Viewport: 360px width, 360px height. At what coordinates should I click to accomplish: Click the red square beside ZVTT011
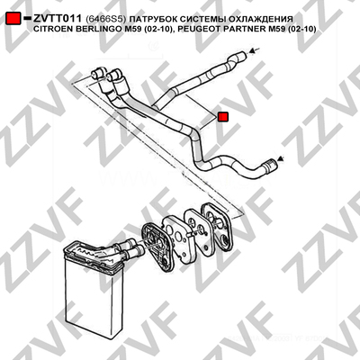pos(13,18)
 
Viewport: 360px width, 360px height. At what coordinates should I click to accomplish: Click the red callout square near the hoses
pos(223,117)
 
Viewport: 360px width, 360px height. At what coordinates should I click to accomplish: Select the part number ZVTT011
pos(58,19)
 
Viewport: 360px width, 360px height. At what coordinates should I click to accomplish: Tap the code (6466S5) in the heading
pos(104,19)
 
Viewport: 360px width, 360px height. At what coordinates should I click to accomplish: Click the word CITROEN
pos(51,30)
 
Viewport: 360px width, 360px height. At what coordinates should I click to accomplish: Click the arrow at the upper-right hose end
pos(254,50)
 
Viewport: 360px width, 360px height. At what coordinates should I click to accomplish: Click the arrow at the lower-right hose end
pos(280,158)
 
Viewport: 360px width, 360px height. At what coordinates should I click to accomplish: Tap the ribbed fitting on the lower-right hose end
pos(268,165)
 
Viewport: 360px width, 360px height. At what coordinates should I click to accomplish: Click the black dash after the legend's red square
pos(27,18)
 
